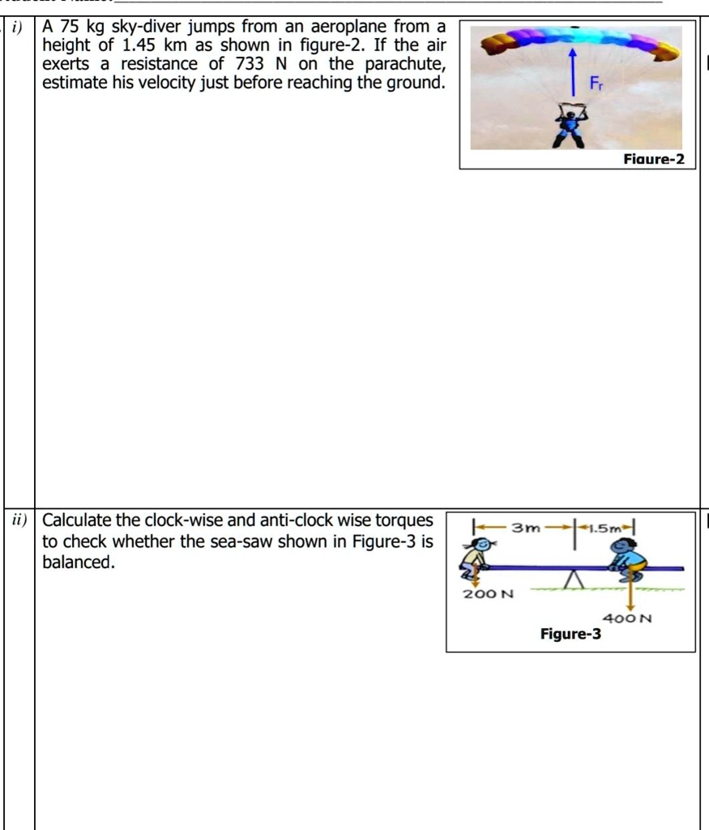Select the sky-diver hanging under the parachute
pos(571,125)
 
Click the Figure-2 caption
pos(655,160)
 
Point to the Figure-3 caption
pos(570,634)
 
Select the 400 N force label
pos(633,618)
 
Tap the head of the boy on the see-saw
pos(622,548)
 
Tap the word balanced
pos(78,562)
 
